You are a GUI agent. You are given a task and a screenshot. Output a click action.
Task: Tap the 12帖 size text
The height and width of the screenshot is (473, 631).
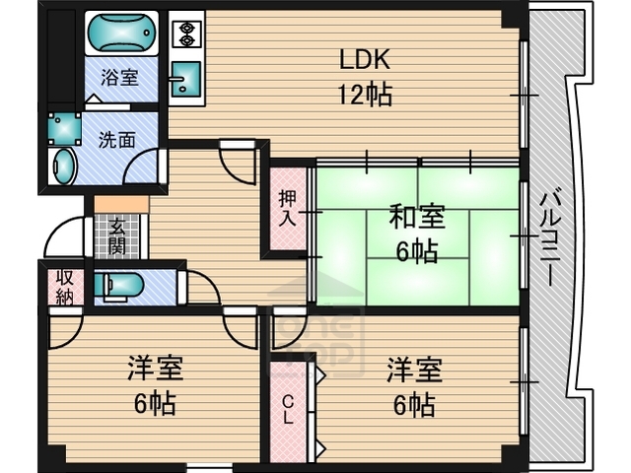(x=365, y=96)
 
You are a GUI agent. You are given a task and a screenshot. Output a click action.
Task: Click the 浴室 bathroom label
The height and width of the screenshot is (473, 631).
(x=120, y=78)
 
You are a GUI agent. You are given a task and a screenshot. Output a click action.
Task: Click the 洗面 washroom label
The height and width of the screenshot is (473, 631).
(x=116, y=139)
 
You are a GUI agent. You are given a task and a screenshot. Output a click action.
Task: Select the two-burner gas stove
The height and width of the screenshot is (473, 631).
(x=185, y=34)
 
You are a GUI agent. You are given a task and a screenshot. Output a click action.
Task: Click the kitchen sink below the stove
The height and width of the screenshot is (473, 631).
(x=185, y=78)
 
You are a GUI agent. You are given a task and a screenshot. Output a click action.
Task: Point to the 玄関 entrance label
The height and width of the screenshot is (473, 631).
(x=117, y=236)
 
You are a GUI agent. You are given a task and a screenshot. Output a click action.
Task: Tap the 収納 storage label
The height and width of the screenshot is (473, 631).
(x=64, y=286)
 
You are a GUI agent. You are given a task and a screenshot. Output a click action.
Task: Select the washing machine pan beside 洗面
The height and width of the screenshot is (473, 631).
(x=66, y=128)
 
